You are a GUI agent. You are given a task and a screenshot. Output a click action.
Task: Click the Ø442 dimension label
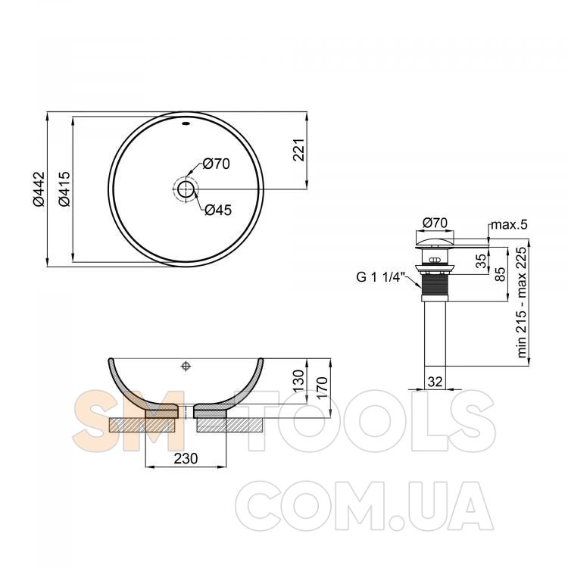click(39, 189)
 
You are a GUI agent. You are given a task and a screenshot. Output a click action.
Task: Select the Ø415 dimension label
click(64, 189)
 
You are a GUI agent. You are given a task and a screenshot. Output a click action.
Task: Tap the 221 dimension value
click(299, 150)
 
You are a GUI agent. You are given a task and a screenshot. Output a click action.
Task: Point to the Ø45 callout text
click(218, 210)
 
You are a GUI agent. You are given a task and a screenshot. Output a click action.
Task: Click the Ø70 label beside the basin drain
click(217, 164)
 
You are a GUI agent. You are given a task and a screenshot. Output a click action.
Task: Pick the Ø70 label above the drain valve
click(435, 223)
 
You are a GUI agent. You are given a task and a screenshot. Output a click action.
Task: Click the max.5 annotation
click(510, 225)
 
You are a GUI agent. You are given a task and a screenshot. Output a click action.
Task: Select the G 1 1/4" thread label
click(381, 277)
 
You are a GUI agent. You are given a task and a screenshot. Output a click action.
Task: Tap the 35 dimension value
click(481, 261)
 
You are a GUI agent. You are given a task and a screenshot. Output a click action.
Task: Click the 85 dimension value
click(501, 274)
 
